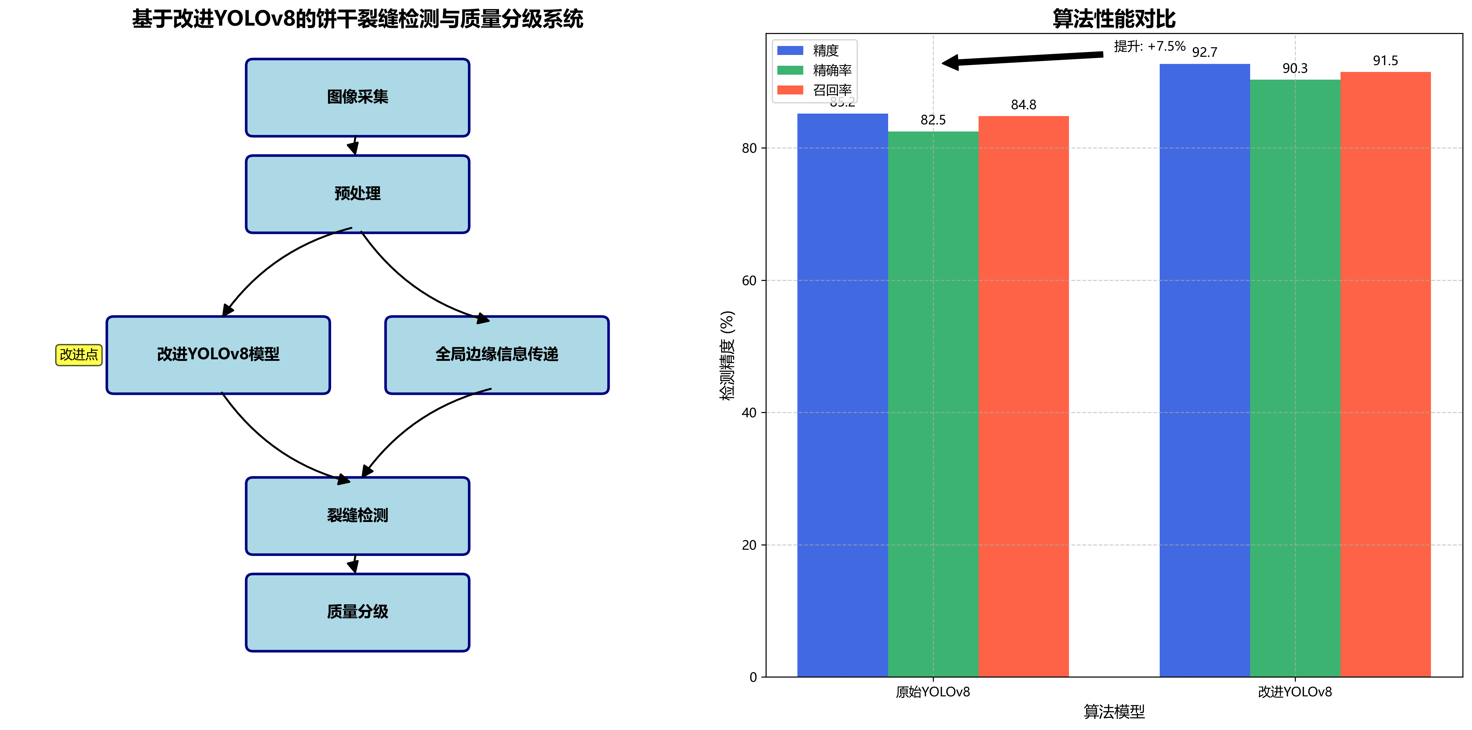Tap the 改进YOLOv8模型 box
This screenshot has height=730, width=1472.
pos(218,354)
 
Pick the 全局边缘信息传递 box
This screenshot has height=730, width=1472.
pos(497,354)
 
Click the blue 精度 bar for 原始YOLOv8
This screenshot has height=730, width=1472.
pos(842,394)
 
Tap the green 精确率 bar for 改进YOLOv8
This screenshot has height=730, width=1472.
pos(1295,377)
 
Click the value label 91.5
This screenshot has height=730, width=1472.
pos(1385,60)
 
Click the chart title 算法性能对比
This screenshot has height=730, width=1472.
pos(1114,19)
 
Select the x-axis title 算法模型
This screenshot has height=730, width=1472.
pos(1114,712)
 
